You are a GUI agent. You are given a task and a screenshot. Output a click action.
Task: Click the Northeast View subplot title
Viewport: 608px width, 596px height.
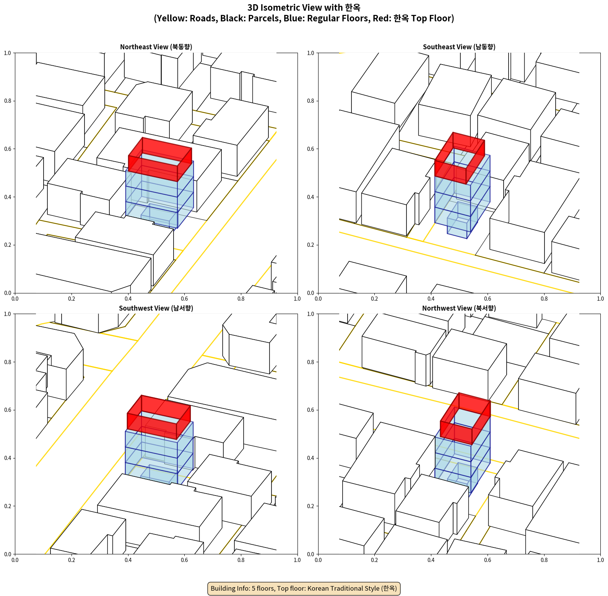point(156,47)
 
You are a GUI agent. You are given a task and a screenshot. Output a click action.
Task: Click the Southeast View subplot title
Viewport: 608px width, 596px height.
point(459,47)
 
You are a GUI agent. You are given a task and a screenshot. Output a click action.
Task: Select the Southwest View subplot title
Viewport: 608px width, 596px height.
point(156,308)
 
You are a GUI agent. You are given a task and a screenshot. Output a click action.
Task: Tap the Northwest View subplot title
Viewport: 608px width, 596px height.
point(459,308)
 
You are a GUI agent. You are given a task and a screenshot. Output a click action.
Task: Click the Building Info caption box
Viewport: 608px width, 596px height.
point(304,588)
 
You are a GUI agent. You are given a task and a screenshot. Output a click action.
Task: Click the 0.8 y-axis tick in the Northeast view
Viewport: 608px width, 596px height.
point(8,101)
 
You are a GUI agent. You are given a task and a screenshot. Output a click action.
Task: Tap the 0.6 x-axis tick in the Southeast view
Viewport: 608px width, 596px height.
point(488,299)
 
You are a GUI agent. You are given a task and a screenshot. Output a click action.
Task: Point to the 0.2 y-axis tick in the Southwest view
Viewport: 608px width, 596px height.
point(8,506)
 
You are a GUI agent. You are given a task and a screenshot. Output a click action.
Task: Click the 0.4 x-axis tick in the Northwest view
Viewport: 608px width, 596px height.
point(431,560)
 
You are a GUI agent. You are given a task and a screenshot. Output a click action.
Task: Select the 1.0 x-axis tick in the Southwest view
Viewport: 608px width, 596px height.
point(297,560)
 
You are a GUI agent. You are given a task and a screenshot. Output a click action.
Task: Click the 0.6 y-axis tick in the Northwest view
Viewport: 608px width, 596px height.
point(311,410)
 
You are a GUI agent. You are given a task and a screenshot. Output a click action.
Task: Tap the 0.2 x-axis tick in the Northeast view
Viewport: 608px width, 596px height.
point(72,299)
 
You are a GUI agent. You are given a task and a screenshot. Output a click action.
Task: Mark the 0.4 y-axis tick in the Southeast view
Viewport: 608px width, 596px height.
point(311,197)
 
